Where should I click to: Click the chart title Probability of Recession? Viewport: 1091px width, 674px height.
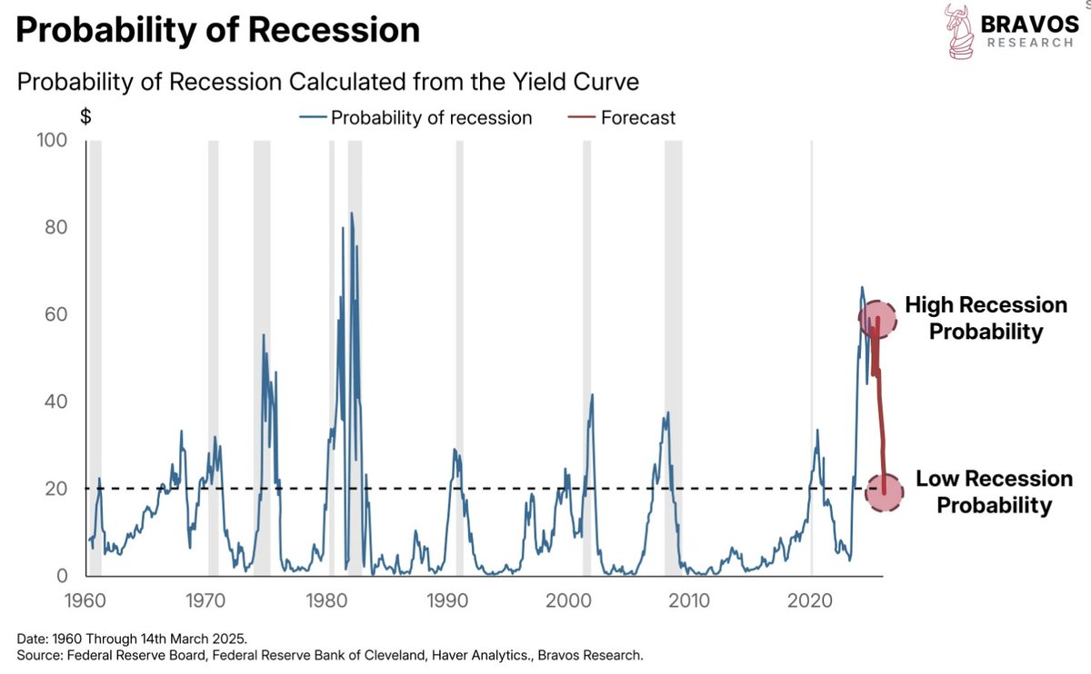[218, 31]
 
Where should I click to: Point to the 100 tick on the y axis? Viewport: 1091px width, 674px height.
[51, 140]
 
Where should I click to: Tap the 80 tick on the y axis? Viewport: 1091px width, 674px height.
[55, 227]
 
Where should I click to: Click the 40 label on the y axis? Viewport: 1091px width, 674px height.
[55, 401]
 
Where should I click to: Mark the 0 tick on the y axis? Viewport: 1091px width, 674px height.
[62, 576]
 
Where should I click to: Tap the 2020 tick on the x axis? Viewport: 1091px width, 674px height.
[811, 600]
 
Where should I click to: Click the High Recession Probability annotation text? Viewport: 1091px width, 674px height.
[986, 318]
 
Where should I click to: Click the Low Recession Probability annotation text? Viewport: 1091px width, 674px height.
[993, 491]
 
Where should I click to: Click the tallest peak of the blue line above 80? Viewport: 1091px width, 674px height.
[351, 213]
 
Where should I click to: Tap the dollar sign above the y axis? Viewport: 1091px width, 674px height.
[85, 117]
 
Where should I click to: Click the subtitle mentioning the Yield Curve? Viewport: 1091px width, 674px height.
[328, 82]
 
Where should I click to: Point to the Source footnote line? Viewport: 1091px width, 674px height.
[329, 654]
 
